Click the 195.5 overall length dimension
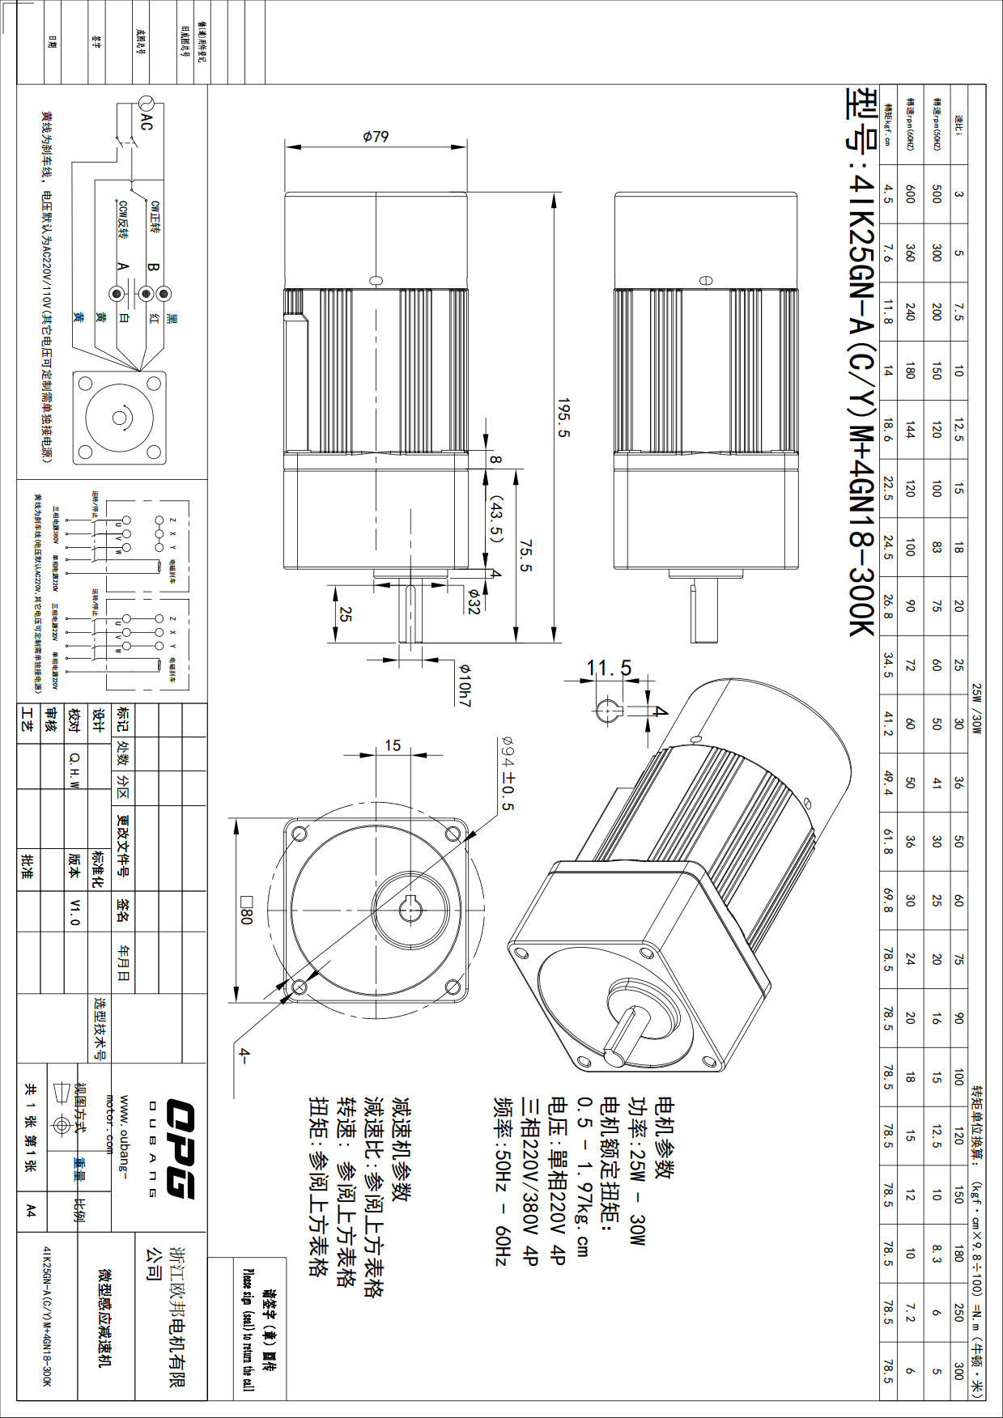point(563,418)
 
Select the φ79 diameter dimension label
point(375,136)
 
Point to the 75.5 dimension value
point(525,555)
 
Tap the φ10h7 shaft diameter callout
point(465,685)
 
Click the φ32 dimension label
point(473,601)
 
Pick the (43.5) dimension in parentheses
point(496,521)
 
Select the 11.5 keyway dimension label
point(609,668)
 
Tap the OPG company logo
point(181,1148)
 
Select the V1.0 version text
point(75,911)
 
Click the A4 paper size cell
point(31,1210)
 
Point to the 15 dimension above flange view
point(393,745)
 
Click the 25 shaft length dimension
point(346,615)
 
